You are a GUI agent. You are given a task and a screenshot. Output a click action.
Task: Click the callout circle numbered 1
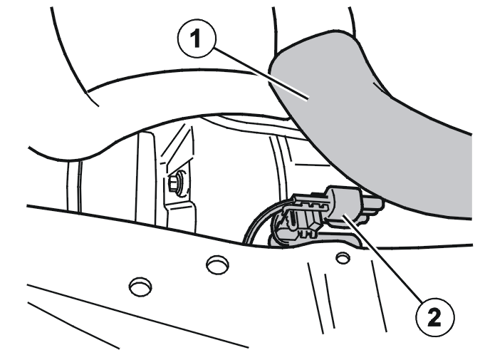pos(197,38)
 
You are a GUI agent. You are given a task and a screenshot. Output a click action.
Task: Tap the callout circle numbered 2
pos(435,317)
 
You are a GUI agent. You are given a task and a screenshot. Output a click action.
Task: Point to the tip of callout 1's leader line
pos(308,98)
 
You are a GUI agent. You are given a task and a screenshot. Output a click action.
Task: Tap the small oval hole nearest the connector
pos(343,258)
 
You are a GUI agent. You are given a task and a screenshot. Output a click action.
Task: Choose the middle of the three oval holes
pos(217,264)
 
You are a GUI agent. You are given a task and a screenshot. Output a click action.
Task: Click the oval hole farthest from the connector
pos(140,286)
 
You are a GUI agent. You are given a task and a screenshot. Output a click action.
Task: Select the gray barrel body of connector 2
pos(345,205)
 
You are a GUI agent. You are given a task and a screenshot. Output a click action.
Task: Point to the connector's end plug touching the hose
pos(372,207)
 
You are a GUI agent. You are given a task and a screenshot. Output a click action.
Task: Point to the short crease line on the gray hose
pos(380,86)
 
